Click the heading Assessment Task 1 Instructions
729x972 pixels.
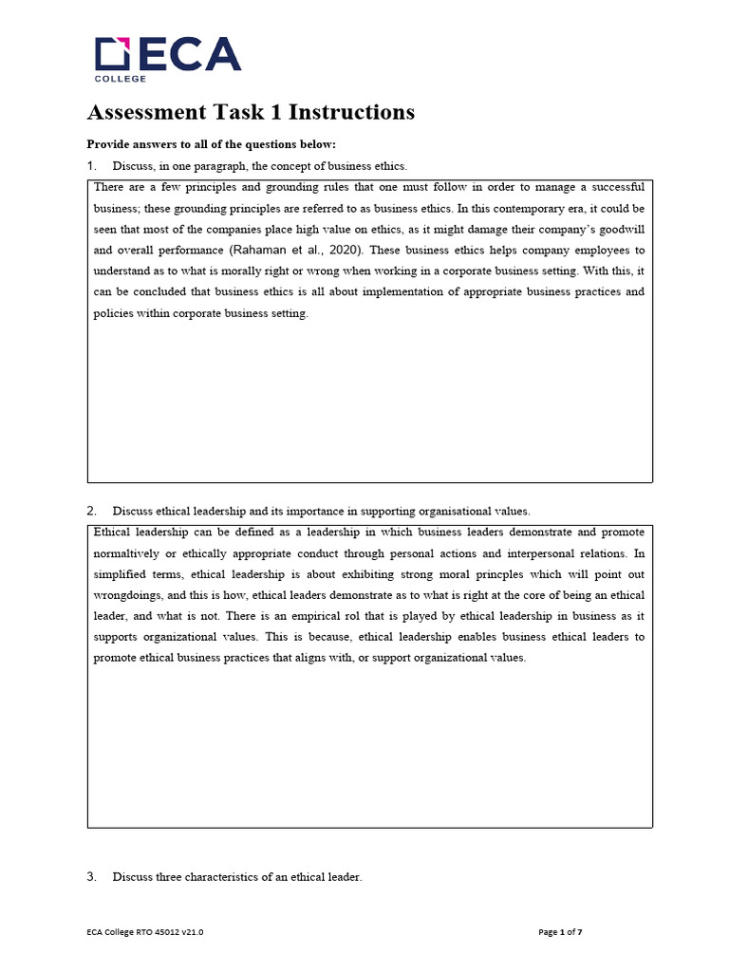(x=251, y=112)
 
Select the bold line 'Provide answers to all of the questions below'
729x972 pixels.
(x=211, y=144)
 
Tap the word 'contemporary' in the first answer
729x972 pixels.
(x=469, y=209)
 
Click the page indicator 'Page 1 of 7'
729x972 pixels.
(x=560, y=932)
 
